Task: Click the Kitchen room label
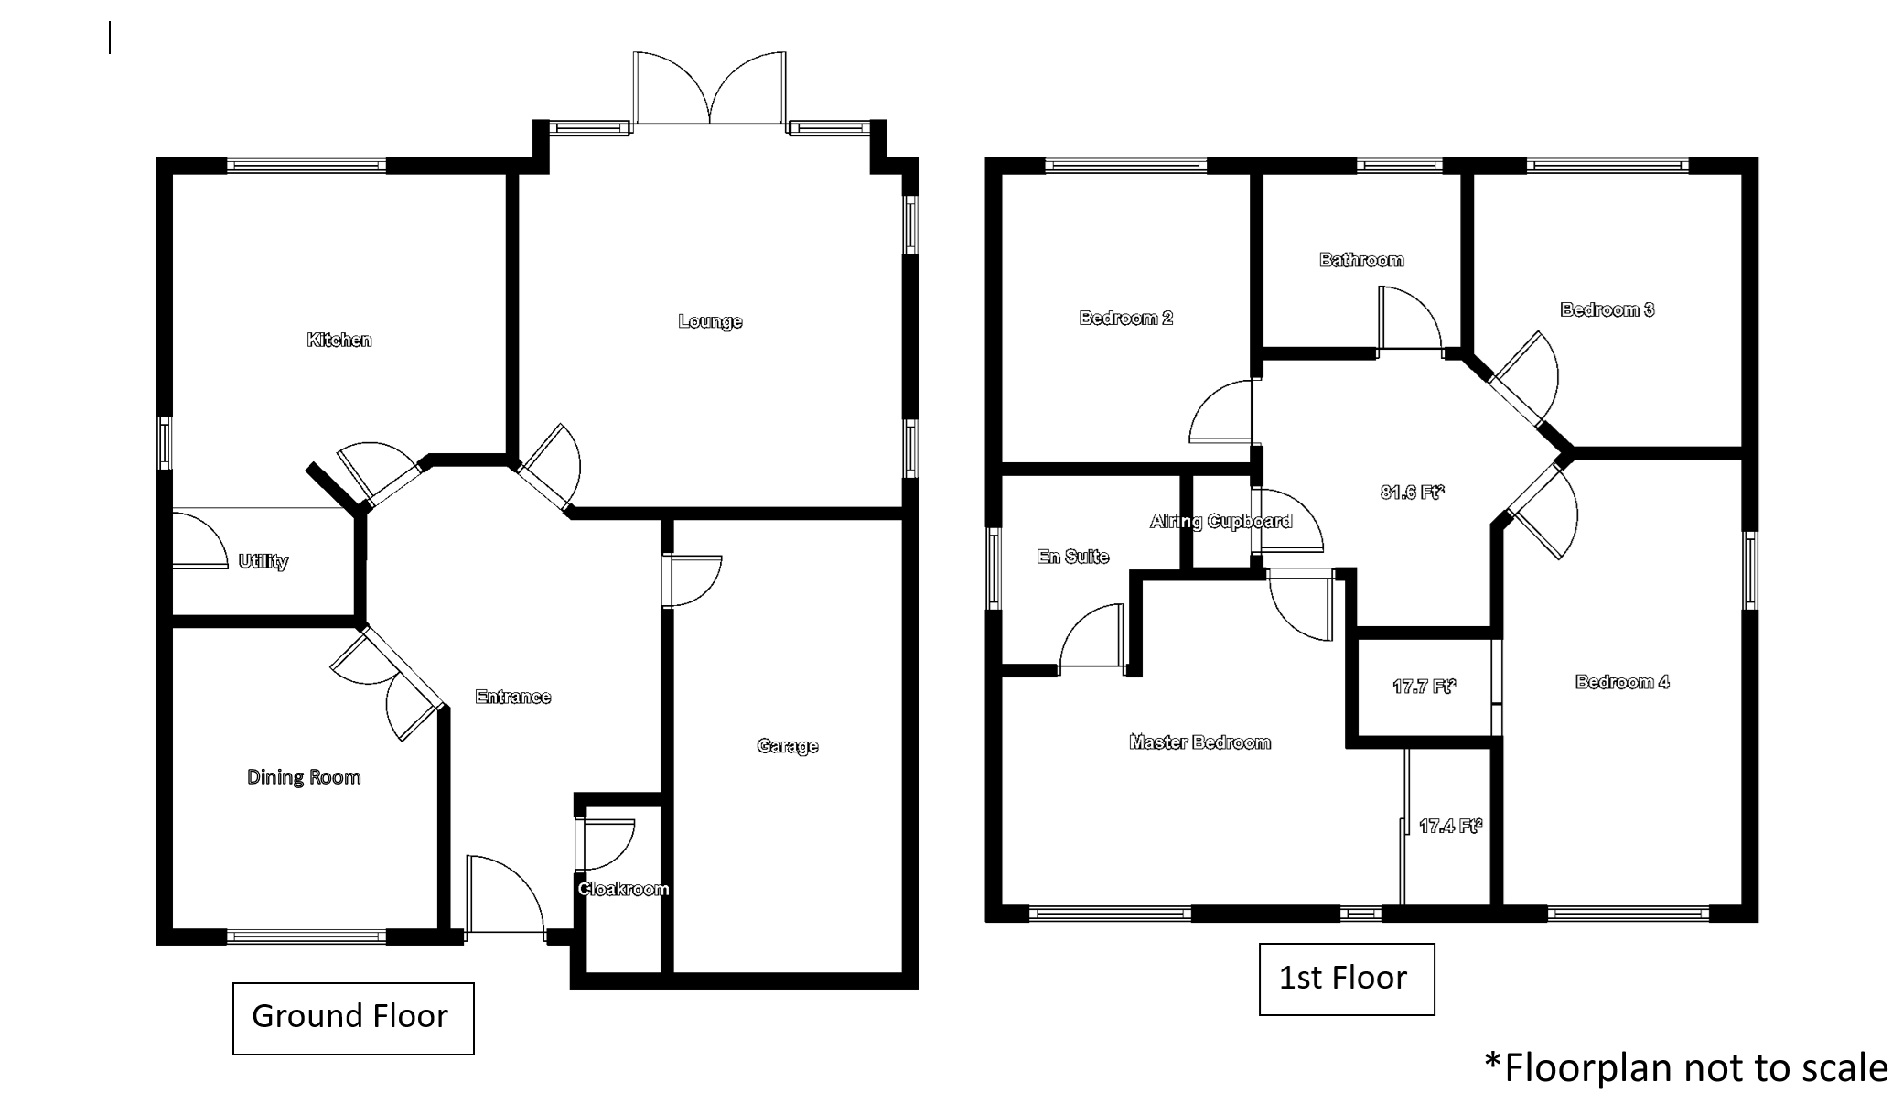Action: pos(339,341)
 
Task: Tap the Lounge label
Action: pos(710,321)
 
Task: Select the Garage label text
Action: pos(788,746)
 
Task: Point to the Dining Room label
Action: pos(304,777)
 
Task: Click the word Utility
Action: pos(263,561)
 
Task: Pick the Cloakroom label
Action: pos(623,889)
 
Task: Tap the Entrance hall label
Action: pos(513,697)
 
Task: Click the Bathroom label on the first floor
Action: pos(1361,260)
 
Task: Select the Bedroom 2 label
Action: pos(1126,319)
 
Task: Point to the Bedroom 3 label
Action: pos(1607,309)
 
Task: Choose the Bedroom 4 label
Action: pos(1622,682)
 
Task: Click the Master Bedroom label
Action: pos(1200,742)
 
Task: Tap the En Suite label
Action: pos(1073,557)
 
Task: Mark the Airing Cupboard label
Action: pos(1221,522)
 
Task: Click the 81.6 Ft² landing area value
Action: pos(1413,493)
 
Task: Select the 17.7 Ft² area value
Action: pos(1425,686)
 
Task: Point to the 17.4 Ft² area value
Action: pos(1451,827)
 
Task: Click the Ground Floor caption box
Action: pos(353,1019)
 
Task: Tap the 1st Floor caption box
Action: pos(1347,980)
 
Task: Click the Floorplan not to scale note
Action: pos(1686,1068)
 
